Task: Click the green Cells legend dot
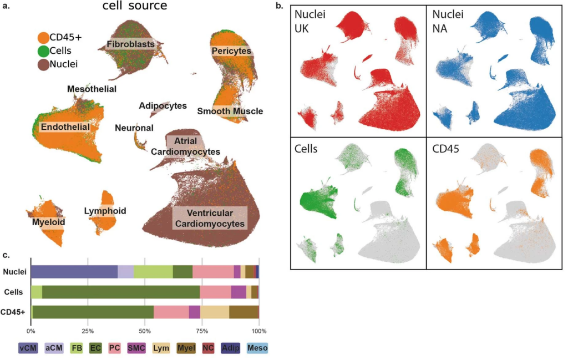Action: [x=43, y=50]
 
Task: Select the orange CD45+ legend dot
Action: [x=43, y=37]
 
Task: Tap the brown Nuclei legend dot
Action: [x=43, y=64]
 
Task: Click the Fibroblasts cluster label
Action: [x=130, y=44]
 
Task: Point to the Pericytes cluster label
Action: [x=231, y=50]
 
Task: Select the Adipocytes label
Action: [x=163, y=106]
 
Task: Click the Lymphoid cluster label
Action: [x=105, y=211]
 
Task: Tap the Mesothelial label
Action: [x=92, y=89]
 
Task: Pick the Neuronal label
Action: [x=134, y=128]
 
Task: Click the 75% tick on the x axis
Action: [x=202, y=331]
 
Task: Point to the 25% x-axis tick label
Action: [x=88, y=331]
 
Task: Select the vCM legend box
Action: [x=28, y=348]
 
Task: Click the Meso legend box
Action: [x=257, y=348]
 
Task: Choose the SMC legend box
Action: [x=136, y=348]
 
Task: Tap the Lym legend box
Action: [x=161, y=348]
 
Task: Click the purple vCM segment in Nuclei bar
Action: [x=74, y=272]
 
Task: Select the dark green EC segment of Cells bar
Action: [x=121, y=292]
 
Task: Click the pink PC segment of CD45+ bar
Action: [x=171, y=312]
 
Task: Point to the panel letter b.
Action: [x=279, y=6]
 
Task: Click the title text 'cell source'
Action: [x=135, y=6]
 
